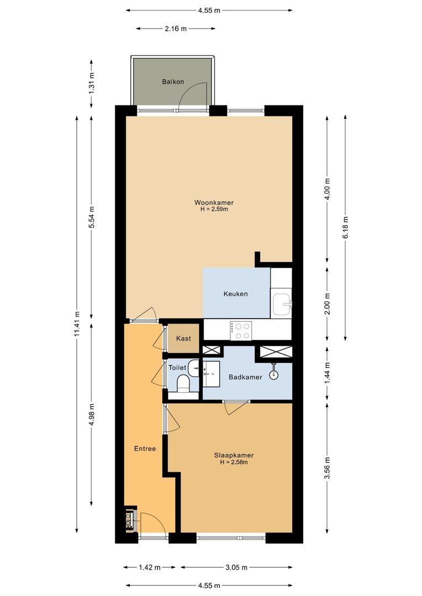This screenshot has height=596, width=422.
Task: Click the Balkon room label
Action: tap(172, 82)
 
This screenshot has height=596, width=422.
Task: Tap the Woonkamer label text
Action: tap(214, 202)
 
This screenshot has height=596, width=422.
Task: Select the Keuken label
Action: tap(235, 294)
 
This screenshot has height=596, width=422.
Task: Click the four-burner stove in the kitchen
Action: tap(241, 330)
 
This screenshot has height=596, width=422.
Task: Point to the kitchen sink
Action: tap(283, 303)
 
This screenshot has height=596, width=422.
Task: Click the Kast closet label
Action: tap(183, 338)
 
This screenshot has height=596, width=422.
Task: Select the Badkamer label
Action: tap(245, 377)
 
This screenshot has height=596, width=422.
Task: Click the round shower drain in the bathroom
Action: tap(273, 375)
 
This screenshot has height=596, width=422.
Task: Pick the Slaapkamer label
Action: tap(234, 455)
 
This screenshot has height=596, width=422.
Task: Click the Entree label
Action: tap(145, 449)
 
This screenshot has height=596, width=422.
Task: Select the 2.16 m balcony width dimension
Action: tap(176, 29)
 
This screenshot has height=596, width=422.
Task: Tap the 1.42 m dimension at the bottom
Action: tap(149, 567)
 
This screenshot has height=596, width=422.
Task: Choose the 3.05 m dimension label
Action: tap(236, 567)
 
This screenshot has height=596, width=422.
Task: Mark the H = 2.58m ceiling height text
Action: tap(234, 462)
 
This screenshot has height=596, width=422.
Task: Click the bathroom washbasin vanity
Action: tap(212, 374)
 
